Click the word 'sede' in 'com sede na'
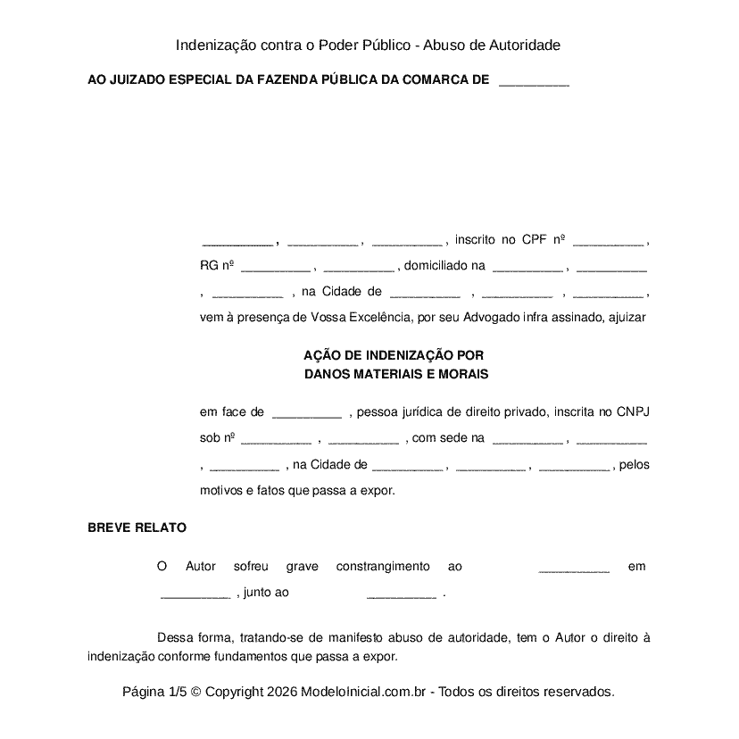tap(455, 438)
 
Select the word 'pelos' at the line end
tap(634, 464)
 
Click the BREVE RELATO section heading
tap(137, 527)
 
